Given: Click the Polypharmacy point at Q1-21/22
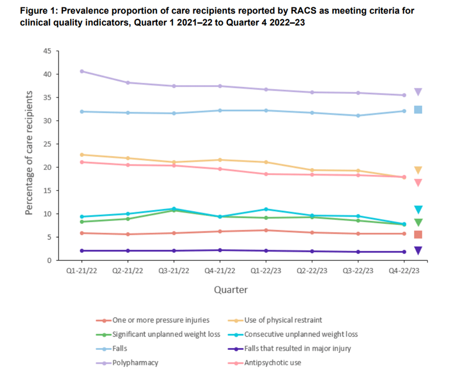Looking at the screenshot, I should (x=81, y=71).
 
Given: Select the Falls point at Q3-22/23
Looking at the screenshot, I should (x=358, y=115).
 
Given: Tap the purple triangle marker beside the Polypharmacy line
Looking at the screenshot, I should (x=418, y=92).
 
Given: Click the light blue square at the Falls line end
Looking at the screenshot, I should (x=418, y=110).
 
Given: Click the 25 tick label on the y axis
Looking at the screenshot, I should (x=49, y=144).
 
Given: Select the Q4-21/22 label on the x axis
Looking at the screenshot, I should (x=220, y=270).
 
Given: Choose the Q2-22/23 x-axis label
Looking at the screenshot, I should (x=312, y=270).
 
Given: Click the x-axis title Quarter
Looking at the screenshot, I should (x=231, y=289).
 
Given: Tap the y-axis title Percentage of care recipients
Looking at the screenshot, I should (x=30, y=153).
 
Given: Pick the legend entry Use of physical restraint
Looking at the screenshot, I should (x=282, y=320).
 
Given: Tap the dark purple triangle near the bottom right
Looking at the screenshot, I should (x=418, y=251).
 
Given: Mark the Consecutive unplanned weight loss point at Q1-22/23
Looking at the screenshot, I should (x=266, y=209).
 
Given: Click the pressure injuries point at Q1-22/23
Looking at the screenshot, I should (x=266, y=230).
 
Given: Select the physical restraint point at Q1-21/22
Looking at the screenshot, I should (x=81, y=155).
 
